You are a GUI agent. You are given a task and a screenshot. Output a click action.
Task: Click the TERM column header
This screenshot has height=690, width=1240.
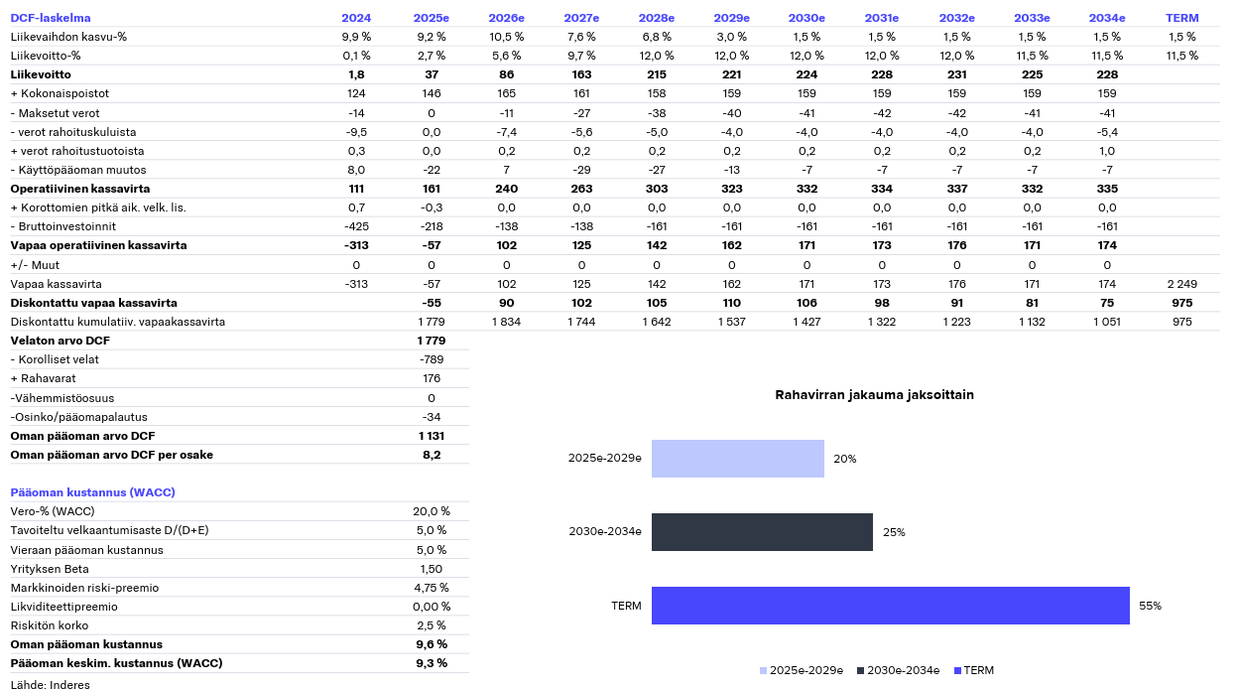pyautogui.click(x=1181, y=18)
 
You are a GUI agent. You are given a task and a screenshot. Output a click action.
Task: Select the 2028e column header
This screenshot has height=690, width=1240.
pyautogui.click(x=657, y=18)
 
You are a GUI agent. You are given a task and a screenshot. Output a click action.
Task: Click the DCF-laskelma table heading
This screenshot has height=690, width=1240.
pyautogui.click(x=51, y=18)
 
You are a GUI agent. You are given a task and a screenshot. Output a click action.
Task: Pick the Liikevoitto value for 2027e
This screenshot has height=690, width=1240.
pyautogui.click(x=581, y=74)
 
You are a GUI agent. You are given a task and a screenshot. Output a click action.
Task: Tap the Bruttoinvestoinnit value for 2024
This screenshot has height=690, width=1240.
pyautogui.click(x=356, y=226)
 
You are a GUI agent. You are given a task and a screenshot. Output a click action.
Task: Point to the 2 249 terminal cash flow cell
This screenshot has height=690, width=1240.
pyautogui.click(x=1181, y=284)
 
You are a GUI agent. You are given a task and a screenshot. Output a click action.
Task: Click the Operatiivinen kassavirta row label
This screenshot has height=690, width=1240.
pyautogui.click(x=80, y=189)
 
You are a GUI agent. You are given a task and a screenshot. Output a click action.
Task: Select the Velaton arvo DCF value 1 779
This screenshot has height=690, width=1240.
pyautogui.click(x=432, y=341)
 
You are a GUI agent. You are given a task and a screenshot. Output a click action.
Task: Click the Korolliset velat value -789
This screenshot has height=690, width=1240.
pyautogui.click(x=432, y=359)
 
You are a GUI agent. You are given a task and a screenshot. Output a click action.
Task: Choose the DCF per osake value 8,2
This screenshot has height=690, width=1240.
pyautogui.click(x=432, y=455)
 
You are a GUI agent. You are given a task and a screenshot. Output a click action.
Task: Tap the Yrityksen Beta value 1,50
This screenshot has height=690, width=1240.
pyautogui.click(x=432, y=569)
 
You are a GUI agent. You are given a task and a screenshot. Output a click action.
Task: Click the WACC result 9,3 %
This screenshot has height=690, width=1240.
pyautogui.click(x=432, y=663)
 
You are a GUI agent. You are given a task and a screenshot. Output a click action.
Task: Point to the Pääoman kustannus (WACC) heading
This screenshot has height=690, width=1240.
pyautogui.click(x=92, y=492)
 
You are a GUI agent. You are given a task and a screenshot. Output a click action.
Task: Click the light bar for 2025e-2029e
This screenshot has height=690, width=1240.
pyautogui.click(x=738, y=459)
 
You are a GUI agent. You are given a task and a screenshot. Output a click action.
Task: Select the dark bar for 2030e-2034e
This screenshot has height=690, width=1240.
pyautogui.click(x=762, y=532)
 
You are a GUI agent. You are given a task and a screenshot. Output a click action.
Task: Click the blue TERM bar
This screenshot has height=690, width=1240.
pyautogui.click(x=891, y=606)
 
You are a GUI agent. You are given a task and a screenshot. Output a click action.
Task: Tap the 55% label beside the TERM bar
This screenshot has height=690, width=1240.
pyautogui.click(x=1150, y=606)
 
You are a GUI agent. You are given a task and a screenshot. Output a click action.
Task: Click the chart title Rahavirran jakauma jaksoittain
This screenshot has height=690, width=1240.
pyautogui.click(x=874, y=394)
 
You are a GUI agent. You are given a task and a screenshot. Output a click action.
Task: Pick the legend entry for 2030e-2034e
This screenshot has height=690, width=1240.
pyautogui.click(x=898, y=670)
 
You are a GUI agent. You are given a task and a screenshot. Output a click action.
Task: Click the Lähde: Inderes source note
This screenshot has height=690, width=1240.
pyautogui.click(x=50, y=684)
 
